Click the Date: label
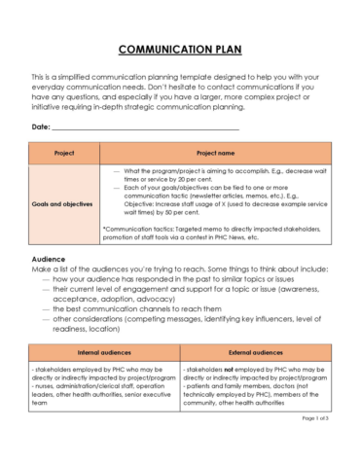click(x=41, y=127)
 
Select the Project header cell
click(x=64, y=153)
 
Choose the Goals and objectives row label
click(x=64, y=204)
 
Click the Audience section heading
click(x=49, y=260)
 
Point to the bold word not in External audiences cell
click(x=231, y=372)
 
